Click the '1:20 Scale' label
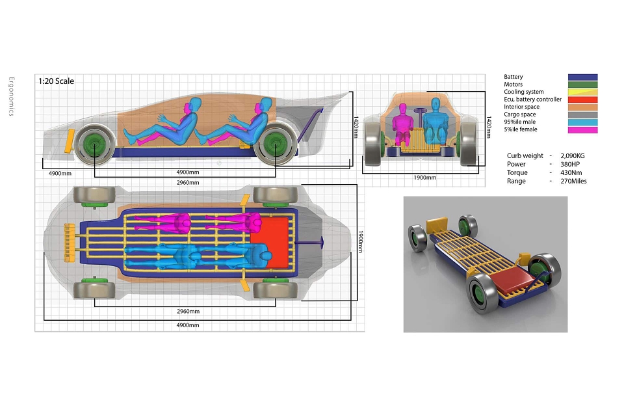(x=56, y=81)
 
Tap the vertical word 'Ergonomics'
(x=11, y=96)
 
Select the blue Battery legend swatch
(x=582, y=77)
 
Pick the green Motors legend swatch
(x=582, y=85)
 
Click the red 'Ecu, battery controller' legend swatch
(x=582, y=100)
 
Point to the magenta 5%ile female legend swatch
(x=582, y=129)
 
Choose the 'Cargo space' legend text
(x=520, y=114)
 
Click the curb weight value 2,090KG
(x=572, y=155)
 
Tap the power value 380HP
(x=571, y=164)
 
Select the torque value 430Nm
(x=571, y=172)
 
